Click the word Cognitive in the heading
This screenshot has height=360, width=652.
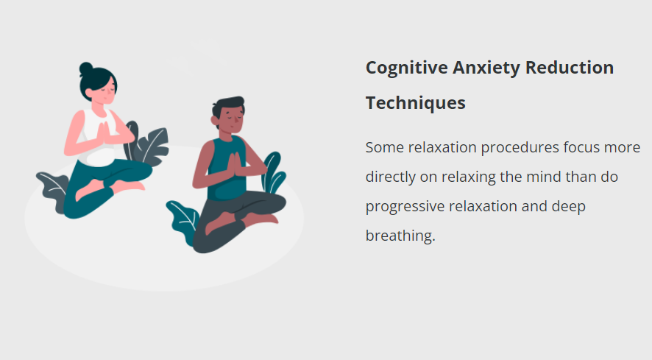pyautogui.click(x=407, y=68)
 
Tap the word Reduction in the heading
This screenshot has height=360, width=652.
pyautogui.click(x=570, y=68)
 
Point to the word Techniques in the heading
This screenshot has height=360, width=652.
pyautogui.click(x=415, y=104)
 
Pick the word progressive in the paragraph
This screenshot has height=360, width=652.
pyautogui.click(x=405, y=207)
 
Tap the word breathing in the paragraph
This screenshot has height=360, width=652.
pyautogui.click(x=400, y=236)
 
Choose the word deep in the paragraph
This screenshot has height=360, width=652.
pyautogui.click(x=568, y=207)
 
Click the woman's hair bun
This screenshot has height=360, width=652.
pyautogui.click(x=86, y=68)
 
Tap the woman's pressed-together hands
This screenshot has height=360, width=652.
pyautogui.click(x=104, y=133)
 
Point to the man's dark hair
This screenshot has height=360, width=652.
pyautogui.click(x=227, y=106)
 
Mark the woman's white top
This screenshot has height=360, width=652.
pyautogui.click(x=96, y=138)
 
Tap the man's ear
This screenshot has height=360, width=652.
pyautogui.click(x=215, y=121)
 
